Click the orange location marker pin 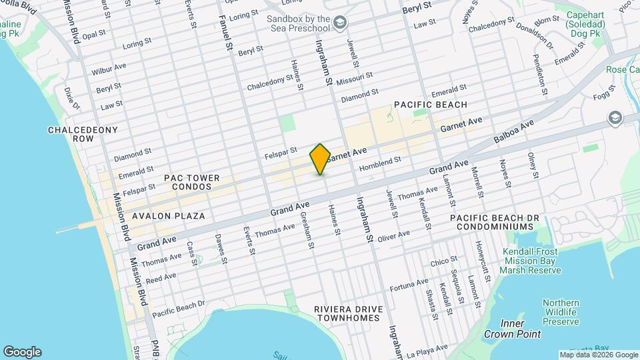pos(320,159)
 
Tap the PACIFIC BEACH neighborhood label pos(430,105)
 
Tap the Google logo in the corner pos(22,352)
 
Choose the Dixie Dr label pos(73,98)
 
